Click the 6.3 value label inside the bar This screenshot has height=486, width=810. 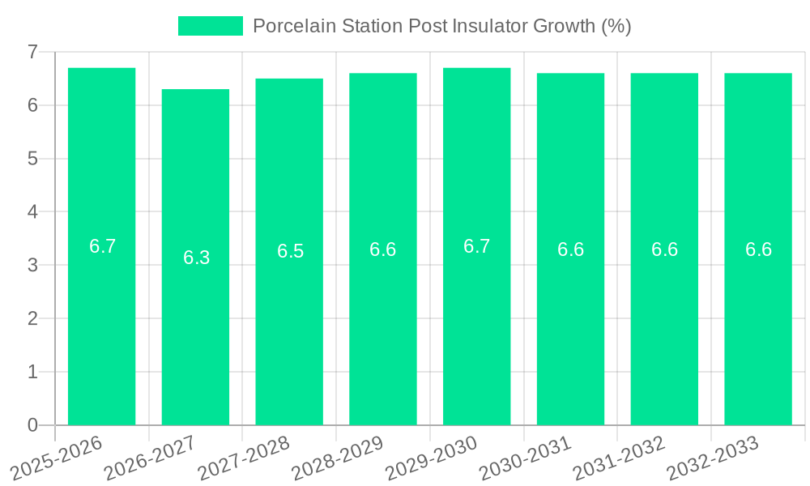[196, 258]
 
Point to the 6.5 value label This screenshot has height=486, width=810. [290, 251]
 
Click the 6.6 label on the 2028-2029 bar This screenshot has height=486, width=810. [382, 249]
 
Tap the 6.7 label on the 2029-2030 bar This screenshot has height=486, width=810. [476, 246]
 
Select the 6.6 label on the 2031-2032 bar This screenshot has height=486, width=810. [664, 249]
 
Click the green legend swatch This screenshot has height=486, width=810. [210, 26]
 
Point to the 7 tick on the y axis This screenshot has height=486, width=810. [32, 52]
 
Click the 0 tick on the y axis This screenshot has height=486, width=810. [32, 425]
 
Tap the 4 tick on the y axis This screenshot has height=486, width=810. [32, 212]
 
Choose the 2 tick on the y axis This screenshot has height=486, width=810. [32, 318]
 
